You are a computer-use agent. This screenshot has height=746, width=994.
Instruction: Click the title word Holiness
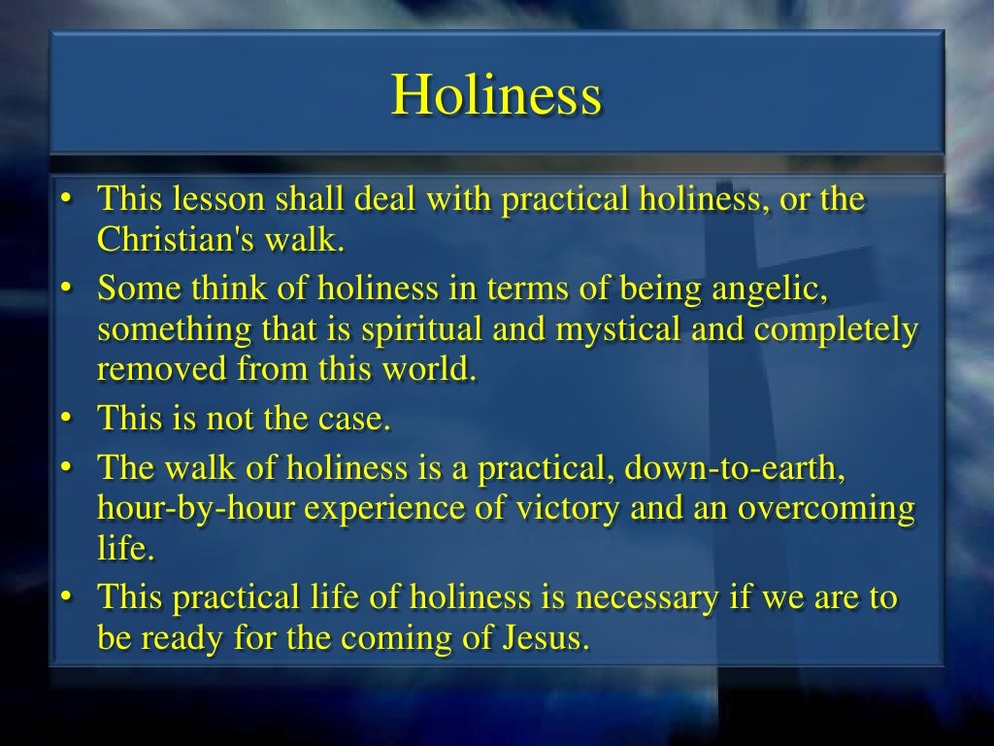pos(496,95)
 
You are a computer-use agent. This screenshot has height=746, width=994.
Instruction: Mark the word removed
pos(161,369)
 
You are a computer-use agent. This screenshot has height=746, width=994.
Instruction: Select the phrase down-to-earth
pos(736,468)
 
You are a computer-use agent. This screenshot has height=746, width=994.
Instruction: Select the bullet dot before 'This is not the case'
pos(65,420)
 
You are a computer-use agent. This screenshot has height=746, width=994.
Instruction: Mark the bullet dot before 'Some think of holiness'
pos(65,289)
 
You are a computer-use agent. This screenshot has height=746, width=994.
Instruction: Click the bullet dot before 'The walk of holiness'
pos(65,469)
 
